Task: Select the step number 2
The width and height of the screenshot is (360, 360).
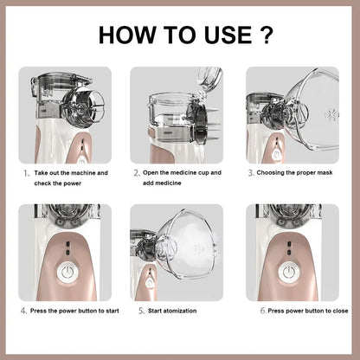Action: coord(136,173)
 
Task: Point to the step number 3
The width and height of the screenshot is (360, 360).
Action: coord(251,173)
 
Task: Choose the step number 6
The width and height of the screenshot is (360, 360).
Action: coord(262,309)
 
